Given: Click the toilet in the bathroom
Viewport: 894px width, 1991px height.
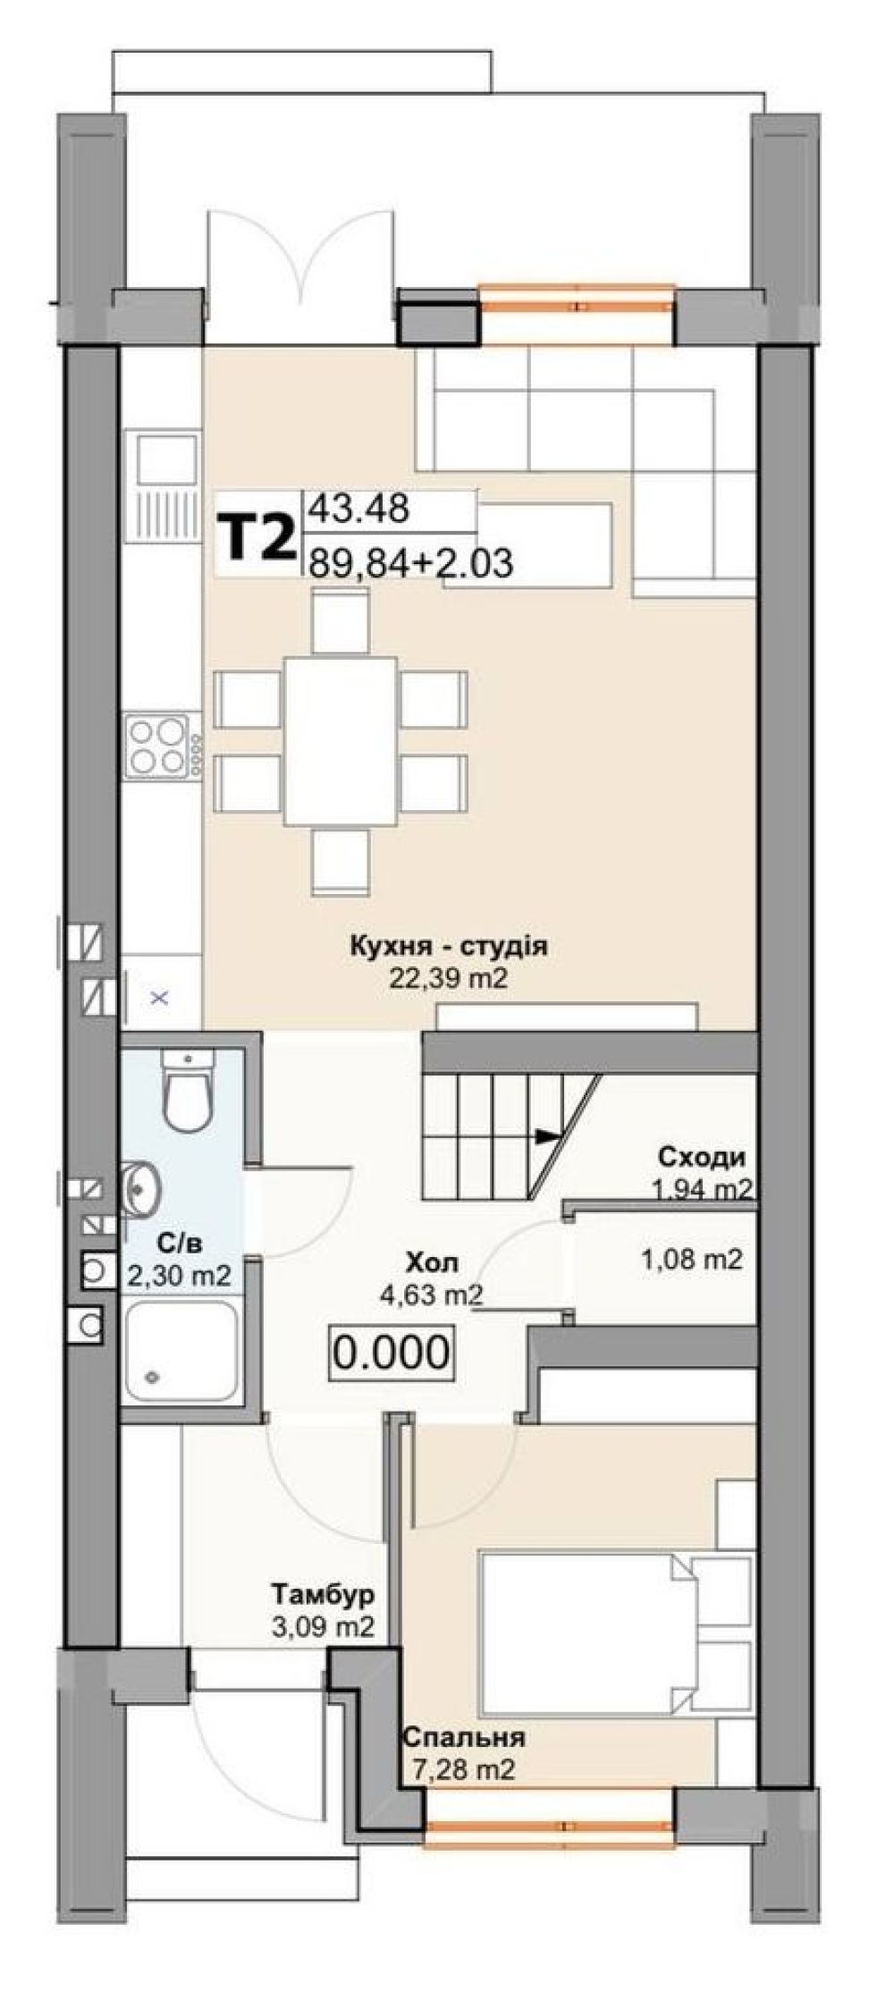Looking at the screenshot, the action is click(187, 1089).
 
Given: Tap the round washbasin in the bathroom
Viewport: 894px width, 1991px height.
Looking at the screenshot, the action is click(139, 1190).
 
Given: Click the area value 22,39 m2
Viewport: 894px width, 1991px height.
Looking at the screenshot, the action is click(448, 978).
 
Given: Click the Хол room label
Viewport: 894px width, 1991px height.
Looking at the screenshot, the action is click(433, 1262).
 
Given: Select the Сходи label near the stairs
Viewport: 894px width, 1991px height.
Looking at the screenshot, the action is click(702, 1158).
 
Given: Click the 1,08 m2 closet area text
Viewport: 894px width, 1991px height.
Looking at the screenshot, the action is click(692, 1260).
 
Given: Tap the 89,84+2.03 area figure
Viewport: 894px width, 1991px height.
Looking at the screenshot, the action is click(410, 563).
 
